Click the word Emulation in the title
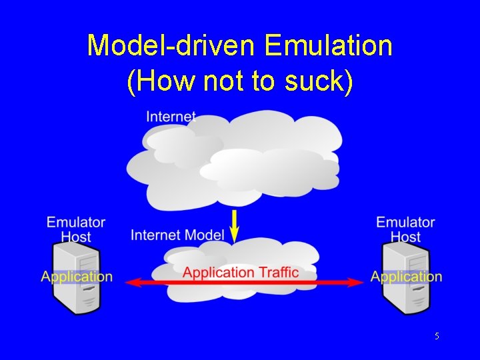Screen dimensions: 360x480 click(328, 46)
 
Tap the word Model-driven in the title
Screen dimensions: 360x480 click(171, 46)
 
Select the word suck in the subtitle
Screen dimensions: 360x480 click(318, 81)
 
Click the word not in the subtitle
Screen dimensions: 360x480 click(223, 81)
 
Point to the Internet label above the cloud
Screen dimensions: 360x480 click(171, 117)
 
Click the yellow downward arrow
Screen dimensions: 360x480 click(235, 225)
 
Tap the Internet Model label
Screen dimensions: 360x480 click(177, 235)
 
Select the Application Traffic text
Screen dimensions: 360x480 click(241, 272)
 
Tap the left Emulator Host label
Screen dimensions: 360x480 click(76, 229)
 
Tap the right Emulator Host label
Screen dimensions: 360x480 click(405, 229)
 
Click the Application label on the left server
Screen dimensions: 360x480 click(77, 277)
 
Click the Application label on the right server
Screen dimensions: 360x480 click(406, 277)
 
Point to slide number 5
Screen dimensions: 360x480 click(437, 337)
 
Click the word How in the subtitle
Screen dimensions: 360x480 click(153, 81)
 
